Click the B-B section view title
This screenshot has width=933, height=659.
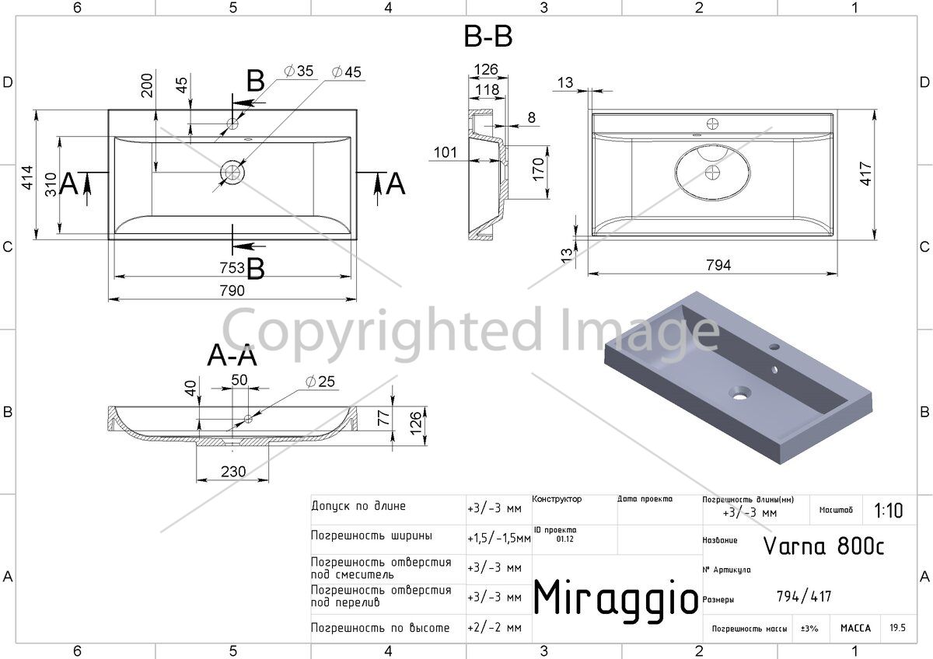click(487, 37)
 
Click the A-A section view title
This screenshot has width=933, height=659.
click(232, 355)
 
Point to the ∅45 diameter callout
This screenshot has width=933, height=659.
click(347, 72)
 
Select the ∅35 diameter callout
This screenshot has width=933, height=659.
click(299, 71)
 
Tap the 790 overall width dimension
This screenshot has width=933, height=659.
click(232, 290)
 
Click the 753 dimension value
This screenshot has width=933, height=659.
click(232, 267)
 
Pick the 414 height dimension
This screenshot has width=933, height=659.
click(27, 178)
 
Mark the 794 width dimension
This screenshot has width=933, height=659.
click(718, 265)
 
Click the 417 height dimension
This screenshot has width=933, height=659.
click(865, 173)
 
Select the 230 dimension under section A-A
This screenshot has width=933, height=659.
click(233, 472)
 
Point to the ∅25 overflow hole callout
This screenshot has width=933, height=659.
click(320, 382)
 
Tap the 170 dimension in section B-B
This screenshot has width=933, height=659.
click(538, 169)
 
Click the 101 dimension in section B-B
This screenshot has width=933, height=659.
click(446, 152)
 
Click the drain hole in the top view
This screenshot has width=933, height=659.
click(232, 173)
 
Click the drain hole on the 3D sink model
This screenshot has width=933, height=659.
click(739, 393)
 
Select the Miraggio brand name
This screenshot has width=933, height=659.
click(616, 598)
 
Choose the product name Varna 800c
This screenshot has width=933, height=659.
click(823, 546)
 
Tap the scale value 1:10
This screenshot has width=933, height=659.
click(889, 511)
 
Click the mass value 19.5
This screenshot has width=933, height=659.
click(897, 627)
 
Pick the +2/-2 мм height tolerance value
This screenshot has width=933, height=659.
click(494, 627)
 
